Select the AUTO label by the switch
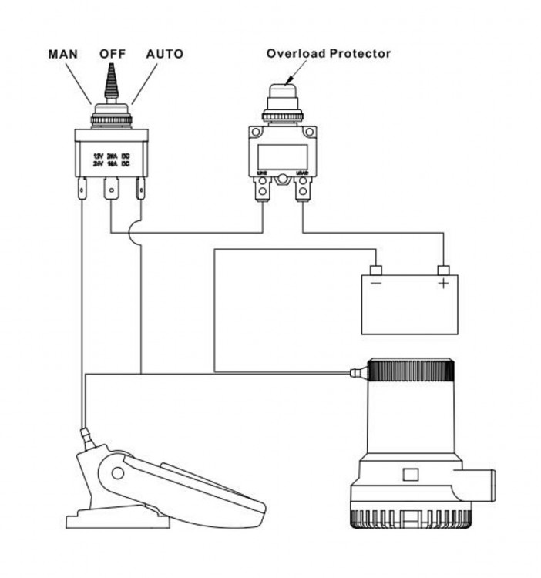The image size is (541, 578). click(164, 55)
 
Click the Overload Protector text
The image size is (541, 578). click(329, 54)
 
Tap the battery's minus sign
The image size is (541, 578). click(375, 284)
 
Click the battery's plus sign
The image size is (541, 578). click(443, 284)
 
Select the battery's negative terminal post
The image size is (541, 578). click(375, 270)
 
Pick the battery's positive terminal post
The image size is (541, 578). click(443, 270)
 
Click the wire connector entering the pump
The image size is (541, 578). click(356, 375)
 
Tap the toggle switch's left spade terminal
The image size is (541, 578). click(82, 188)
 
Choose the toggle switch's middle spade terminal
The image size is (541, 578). click(112, 187)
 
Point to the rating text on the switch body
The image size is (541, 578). click(110, 160)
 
